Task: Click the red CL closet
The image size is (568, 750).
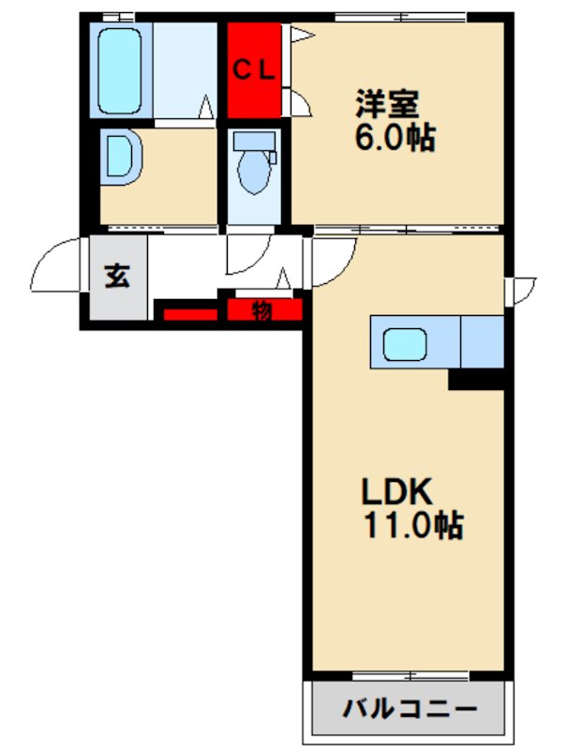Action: [254, 70]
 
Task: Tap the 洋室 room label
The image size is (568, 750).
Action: [387, 103]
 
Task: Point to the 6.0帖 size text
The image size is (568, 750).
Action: [395, 137]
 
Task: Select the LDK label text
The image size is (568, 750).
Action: [396, 491]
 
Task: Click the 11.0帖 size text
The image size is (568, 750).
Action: [414, 525]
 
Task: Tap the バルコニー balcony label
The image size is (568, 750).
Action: [411, 708]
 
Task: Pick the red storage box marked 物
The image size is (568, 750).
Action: [264, 310]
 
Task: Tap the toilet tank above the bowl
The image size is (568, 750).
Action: [254, 142]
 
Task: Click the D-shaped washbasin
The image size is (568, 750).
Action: [122, 157]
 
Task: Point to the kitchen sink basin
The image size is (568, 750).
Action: [405, 344]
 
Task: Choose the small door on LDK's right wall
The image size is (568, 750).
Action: [521, 291]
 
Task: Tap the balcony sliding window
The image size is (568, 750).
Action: [411, 676]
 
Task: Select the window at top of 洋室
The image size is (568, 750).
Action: [400, 18]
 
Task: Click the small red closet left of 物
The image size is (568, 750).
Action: [190, 315]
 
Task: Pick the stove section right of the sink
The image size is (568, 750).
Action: [482, 341]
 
